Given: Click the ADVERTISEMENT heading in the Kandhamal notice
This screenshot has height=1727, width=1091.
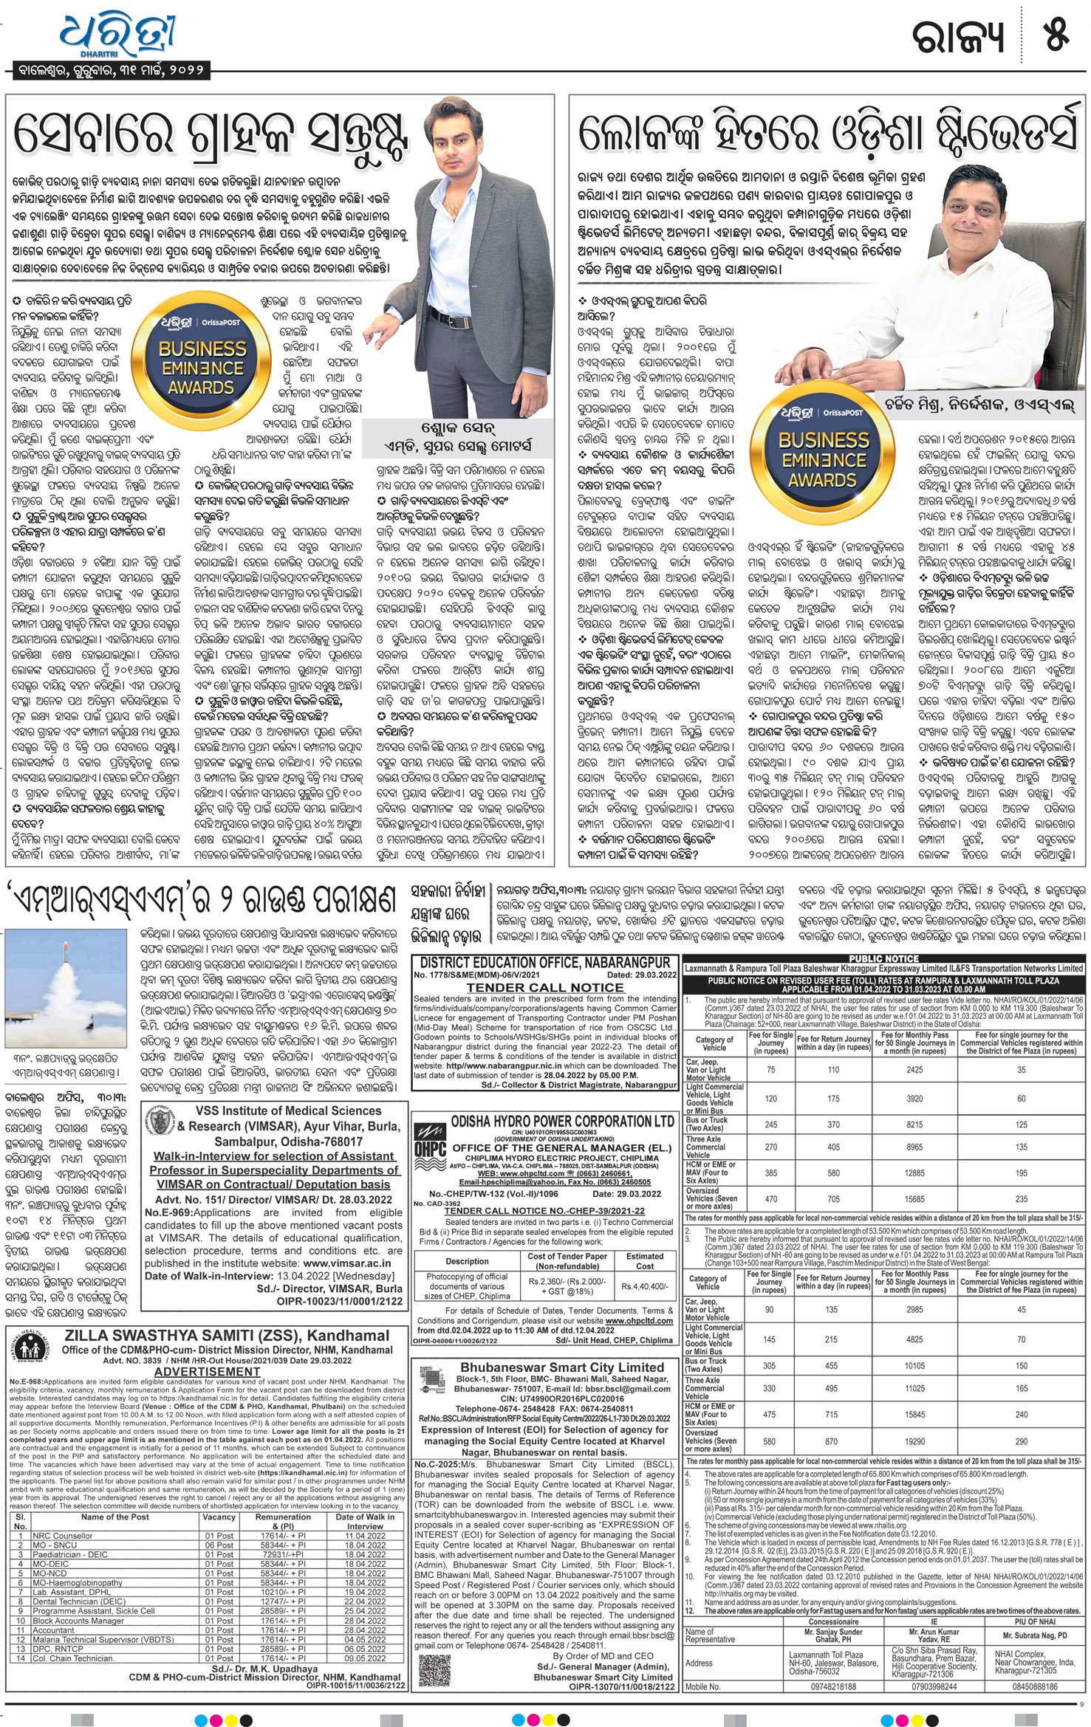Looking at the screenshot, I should [207, 1371].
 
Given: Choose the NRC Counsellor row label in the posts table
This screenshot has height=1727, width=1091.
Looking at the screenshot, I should [63, 1535].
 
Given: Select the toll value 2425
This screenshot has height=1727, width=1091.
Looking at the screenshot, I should [914, 1069].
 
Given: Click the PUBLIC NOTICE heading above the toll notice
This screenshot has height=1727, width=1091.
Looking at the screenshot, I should [883, 958].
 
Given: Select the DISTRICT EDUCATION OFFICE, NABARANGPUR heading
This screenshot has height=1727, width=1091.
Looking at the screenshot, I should [545, 963].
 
